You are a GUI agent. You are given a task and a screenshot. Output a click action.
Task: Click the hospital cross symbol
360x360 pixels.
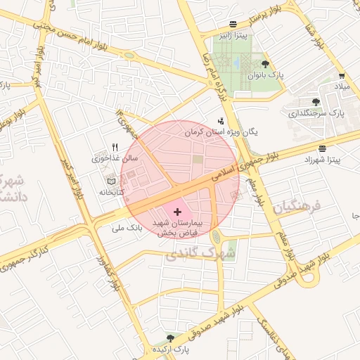point(176,211)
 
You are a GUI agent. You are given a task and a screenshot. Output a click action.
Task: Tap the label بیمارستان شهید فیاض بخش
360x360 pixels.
point(176,226)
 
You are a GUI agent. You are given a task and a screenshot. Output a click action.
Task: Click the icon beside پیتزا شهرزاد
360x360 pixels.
point(322,149)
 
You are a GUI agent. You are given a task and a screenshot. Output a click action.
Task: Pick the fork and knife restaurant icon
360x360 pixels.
point(115,147)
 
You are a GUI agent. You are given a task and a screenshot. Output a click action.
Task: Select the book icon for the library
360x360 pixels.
point(110,181)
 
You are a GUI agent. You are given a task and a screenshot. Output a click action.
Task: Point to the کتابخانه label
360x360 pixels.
point(110,191)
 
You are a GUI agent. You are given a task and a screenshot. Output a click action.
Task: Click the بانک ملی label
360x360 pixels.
point(127,228)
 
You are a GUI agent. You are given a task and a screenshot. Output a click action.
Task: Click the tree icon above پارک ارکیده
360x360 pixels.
point(169,338)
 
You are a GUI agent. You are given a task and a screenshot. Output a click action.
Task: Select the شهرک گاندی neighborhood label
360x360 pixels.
point(191,253)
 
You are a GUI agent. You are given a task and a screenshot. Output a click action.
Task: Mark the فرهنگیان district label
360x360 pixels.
point(297,207)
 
